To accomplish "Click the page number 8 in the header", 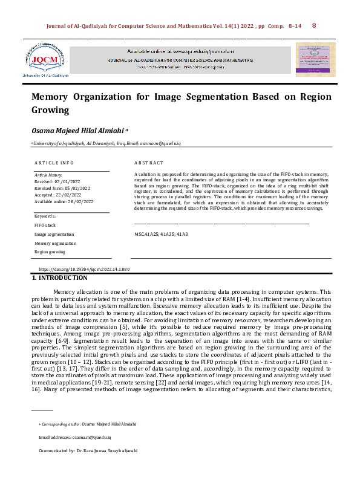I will (313, 26).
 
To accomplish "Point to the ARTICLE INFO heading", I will (54, 163).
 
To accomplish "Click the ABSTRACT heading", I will (149, 163).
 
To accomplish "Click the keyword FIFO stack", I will (45, 224).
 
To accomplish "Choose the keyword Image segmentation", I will (54, 233).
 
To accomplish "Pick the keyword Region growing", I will (50, 251).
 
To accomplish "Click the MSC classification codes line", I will (161, 233).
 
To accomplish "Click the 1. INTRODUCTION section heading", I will (59, 277).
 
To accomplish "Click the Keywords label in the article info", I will (45, 216).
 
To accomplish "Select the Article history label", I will (49, 174).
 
